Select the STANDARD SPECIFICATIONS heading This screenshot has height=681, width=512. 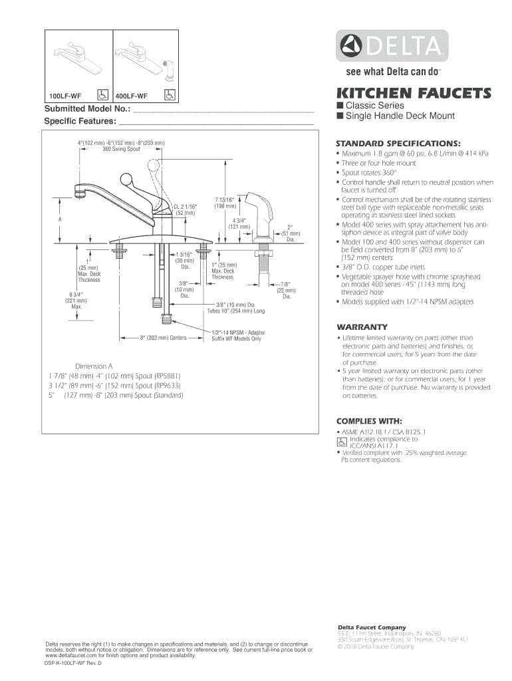coord(389,142)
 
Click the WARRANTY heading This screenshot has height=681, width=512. coord(362,327)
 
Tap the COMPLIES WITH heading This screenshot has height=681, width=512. coord(369,421)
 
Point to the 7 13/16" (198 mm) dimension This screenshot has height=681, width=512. coord(223,202)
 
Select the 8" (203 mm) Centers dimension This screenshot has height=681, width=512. coord(163,338)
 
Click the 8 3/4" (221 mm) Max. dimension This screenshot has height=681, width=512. coord(73,300)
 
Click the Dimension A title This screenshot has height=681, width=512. coord(94,366)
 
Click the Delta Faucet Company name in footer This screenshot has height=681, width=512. coord(372,627)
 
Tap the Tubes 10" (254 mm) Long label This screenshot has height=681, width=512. coord(235,311)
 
